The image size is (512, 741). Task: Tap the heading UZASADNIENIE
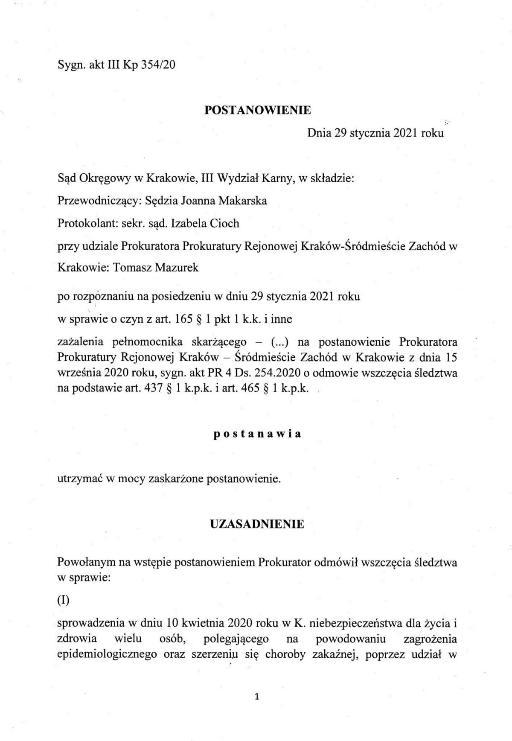(257, 524)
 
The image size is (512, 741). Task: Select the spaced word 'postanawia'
(257, 434)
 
